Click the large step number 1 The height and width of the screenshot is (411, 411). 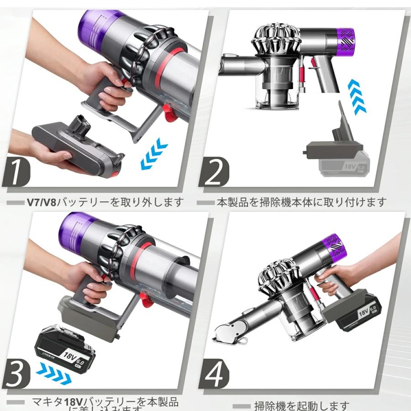pos(17,172)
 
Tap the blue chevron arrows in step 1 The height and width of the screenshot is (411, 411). pos(154,155)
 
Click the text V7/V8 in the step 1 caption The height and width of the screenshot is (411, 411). pos(42,202)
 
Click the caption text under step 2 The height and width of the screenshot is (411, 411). pos(301,202)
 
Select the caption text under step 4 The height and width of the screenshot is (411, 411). pos(301,406)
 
